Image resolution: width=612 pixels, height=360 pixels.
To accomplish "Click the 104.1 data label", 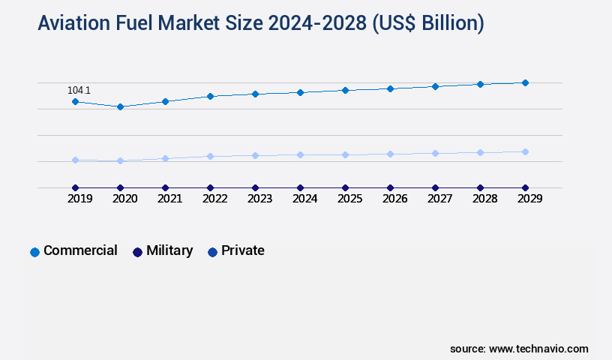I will pos(79,90).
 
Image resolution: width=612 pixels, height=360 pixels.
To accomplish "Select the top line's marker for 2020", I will pos(120,106).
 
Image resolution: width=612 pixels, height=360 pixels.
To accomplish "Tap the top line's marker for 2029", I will pos(525,82).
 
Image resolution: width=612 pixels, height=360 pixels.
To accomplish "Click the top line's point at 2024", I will pos(300,92).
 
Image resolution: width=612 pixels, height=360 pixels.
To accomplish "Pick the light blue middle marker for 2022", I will pos(210,156).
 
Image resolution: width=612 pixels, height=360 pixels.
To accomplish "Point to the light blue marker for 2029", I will pos(525,151).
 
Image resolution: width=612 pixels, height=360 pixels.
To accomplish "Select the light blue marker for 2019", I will pos(75,160).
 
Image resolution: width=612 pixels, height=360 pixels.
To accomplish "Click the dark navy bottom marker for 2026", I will pos(390,187).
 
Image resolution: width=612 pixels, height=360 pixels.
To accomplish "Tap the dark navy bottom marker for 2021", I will pos(165,187).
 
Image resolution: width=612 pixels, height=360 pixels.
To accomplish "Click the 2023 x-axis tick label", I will pos(259,199).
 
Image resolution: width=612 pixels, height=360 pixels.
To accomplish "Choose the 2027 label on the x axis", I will pos(439,199).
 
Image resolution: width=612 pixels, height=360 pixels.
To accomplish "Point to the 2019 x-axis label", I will pos(79,199).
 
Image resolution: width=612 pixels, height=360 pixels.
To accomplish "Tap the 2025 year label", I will pos(349,199).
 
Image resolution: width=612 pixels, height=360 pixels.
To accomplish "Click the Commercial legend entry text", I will pos(80,250).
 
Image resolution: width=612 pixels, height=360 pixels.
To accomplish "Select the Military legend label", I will pos(169,250).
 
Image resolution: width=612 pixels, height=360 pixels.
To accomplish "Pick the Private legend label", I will pos(242,250).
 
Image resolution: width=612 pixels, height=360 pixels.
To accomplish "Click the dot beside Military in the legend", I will pos(137,252).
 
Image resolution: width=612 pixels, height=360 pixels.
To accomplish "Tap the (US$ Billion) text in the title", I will pos(427,24).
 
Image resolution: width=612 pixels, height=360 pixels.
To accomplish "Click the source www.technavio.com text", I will pos(519,349).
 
